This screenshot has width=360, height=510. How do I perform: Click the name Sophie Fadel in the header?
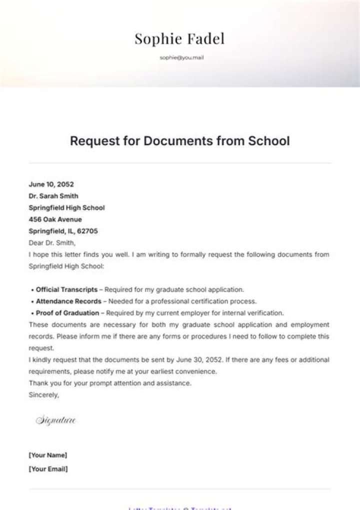point(179,39)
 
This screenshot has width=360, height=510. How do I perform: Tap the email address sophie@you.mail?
point(181,58)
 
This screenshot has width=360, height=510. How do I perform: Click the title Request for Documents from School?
point(179,141)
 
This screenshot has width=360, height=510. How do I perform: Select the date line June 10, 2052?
point(51,184)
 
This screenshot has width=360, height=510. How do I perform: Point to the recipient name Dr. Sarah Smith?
point(53,196)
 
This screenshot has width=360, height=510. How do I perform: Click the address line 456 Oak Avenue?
point(55,219)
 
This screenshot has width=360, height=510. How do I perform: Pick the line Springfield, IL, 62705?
point(63,231)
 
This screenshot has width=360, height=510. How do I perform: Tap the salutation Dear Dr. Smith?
point(52,243)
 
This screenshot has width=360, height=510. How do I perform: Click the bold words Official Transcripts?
point(66,289)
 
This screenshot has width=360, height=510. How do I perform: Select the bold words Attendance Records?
point(68,301)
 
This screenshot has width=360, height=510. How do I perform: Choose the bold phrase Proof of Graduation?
point(67,313)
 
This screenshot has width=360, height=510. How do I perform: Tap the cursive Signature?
point(56,420)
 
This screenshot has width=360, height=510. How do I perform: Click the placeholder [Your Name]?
point(48,455)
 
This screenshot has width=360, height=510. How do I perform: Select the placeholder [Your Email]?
point(48,469)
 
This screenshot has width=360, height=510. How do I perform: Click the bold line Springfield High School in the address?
point(67,208)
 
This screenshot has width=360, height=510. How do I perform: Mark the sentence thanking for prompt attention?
point(110,383)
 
